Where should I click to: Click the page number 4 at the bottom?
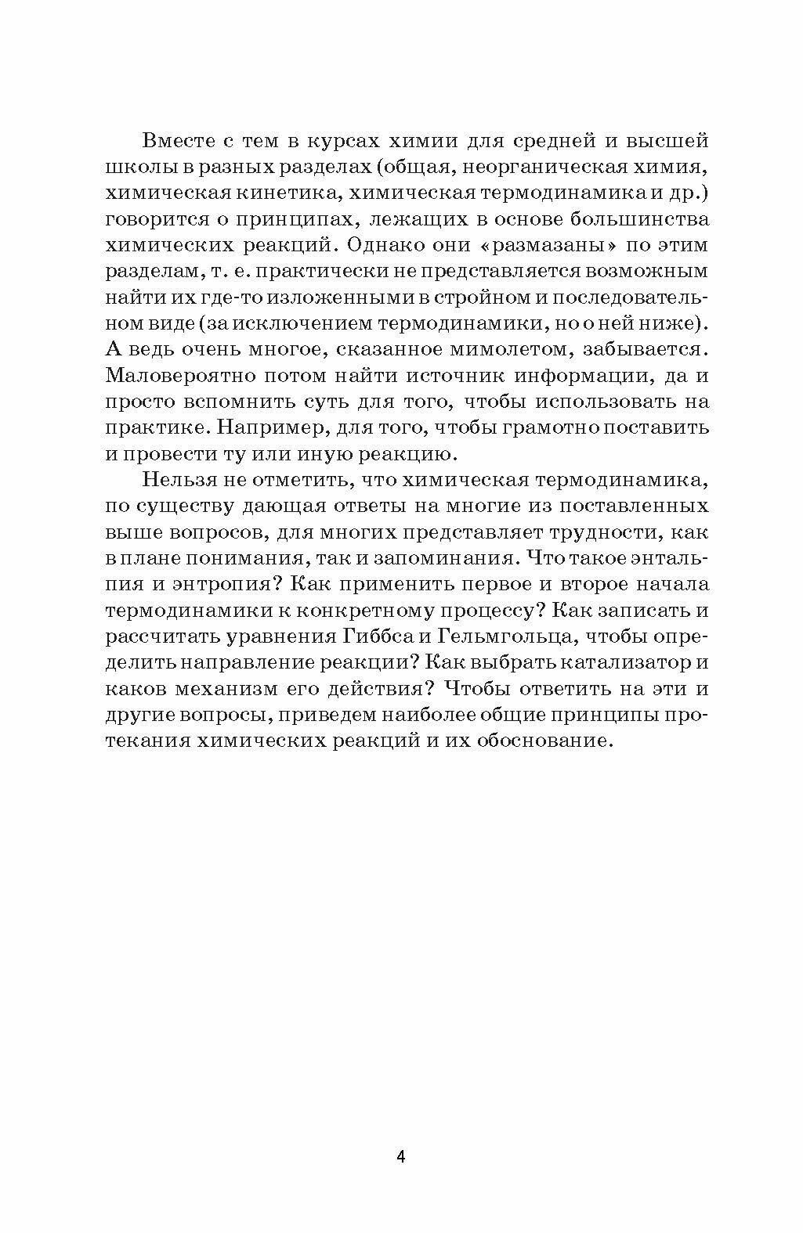click(x=400, y=1157)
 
